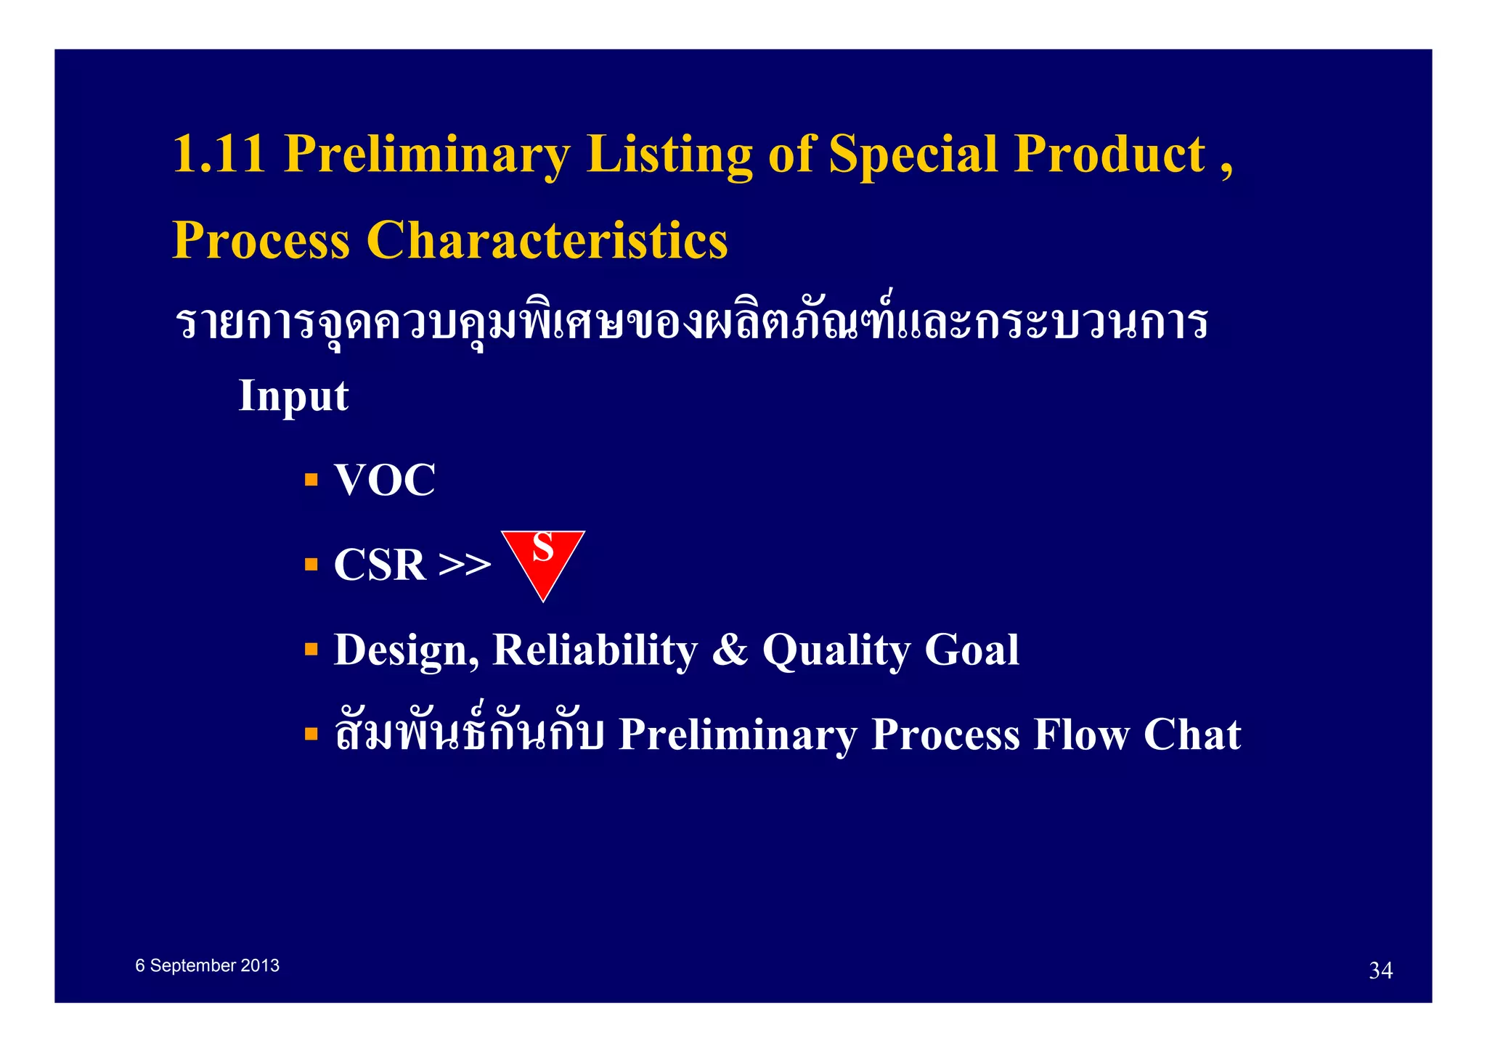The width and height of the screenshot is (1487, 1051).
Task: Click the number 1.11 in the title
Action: tap(219, 155)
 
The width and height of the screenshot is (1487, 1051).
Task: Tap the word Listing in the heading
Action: tap(669, 155)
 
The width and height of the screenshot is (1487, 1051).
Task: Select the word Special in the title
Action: tap(913, 155)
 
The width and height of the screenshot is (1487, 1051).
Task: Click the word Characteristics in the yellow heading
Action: tap(547, 240)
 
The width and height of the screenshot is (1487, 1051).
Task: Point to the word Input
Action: tap(293, 396)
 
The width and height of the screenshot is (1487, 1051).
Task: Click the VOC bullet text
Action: tap(384, 480)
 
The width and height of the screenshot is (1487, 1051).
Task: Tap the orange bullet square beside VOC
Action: tap(311, 480)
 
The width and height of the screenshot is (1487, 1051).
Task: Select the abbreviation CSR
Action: tap(379, 565)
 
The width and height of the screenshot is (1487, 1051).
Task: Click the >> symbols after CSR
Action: tap(465, 565)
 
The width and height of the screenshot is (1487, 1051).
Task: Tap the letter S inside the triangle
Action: tap(543, 548)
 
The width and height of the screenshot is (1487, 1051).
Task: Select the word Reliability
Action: tap(595, 650)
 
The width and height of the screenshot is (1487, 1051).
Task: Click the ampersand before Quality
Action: tap(729, 650)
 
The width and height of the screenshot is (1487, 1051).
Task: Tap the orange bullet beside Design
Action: tap(311, 649)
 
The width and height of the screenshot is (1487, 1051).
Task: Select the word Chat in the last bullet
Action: tap(1191, 735)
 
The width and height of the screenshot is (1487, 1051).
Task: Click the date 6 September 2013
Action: tap(207, 966)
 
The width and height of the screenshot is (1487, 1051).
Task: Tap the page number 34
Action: tap(1380, 971)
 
